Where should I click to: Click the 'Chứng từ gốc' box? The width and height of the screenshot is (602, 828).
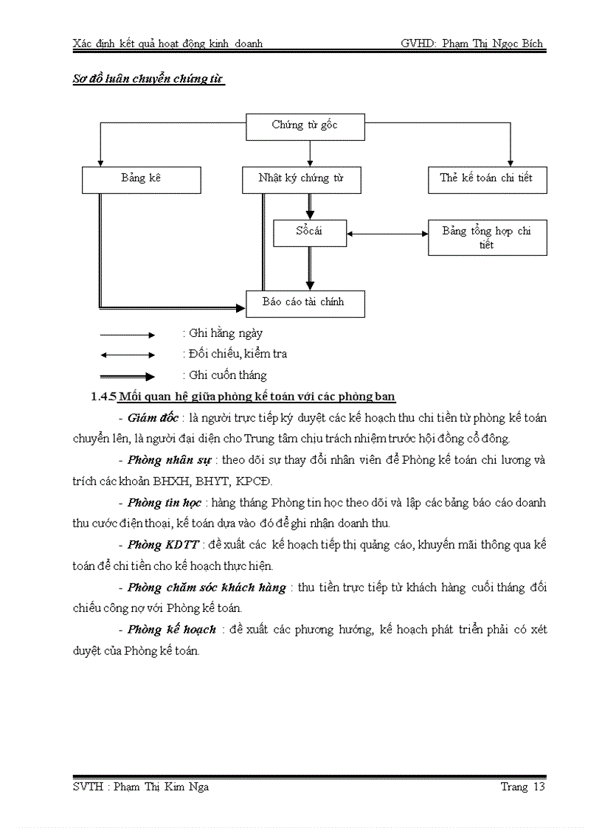(304, 126)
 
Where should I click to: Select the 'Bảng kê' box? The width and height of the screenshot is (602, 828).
(141, 179)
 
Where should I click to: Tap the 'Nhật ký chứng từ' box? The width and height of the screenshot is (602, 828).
(301, 179)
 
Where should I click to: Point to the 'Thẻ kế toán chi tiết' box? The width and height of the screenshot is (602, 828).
(487, 179)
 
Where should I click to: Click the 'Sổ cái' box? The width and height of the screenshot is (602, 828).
(309, 232)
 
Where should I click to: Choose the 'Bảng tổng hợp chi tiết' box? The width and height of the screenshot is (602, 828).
(487, 237)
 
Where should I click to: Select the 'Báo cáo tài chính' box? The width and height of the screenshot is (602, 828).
(305, 302)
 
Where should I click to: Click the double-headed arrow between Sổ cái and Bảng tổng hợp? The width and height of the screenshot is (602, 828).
(387, 234)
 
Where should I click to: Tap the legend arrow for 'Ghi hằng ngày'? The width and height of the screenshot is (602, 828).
(128, 335)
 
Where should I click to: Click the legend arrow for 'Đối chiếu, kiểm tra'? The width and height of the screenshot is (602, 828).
(128, 355)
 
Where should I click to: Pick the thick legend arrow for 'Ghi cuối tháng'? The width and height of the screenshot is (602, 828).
(128, 376)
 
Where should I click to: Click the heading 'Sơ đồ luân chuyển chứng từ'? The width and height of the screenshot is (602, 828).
(148, 78)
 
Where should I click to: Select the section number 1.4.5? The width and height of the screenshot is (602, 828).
(103, 397)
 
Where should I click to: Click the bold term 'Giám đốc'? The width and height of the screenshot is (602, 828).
(153, 418)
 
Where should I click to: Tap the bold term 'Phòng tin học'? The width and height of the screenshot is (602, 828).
(164, 503)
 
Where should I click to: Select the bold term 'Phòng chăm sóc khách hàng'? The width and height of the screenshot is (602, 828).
(207, 588)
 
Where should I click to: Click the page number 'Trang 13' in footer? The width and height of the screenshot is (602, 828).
(522, 787)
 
